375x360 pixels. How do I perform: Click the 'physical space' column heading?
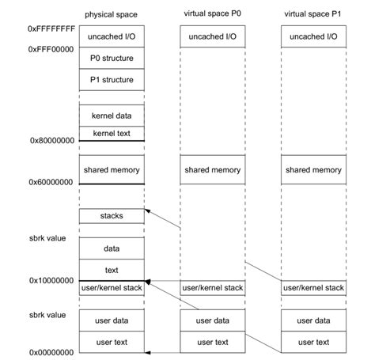112,15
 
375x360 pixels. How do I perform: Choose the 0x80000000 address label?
52,140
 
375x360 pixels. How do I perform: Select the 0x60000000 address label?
52,181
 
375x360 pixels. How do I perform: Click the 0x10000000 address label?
52,280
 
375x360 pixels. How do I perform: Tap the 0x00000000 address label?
52,351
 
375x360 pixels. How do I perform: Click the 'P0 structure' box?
112,58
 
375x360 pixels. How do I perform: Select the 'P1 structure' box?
112,79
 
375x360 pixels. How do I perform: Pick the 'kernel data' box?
112,116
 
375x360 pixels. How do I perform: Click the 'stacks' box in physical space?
112,215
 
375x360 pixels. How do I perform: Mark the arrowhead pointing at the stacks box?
149,212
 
